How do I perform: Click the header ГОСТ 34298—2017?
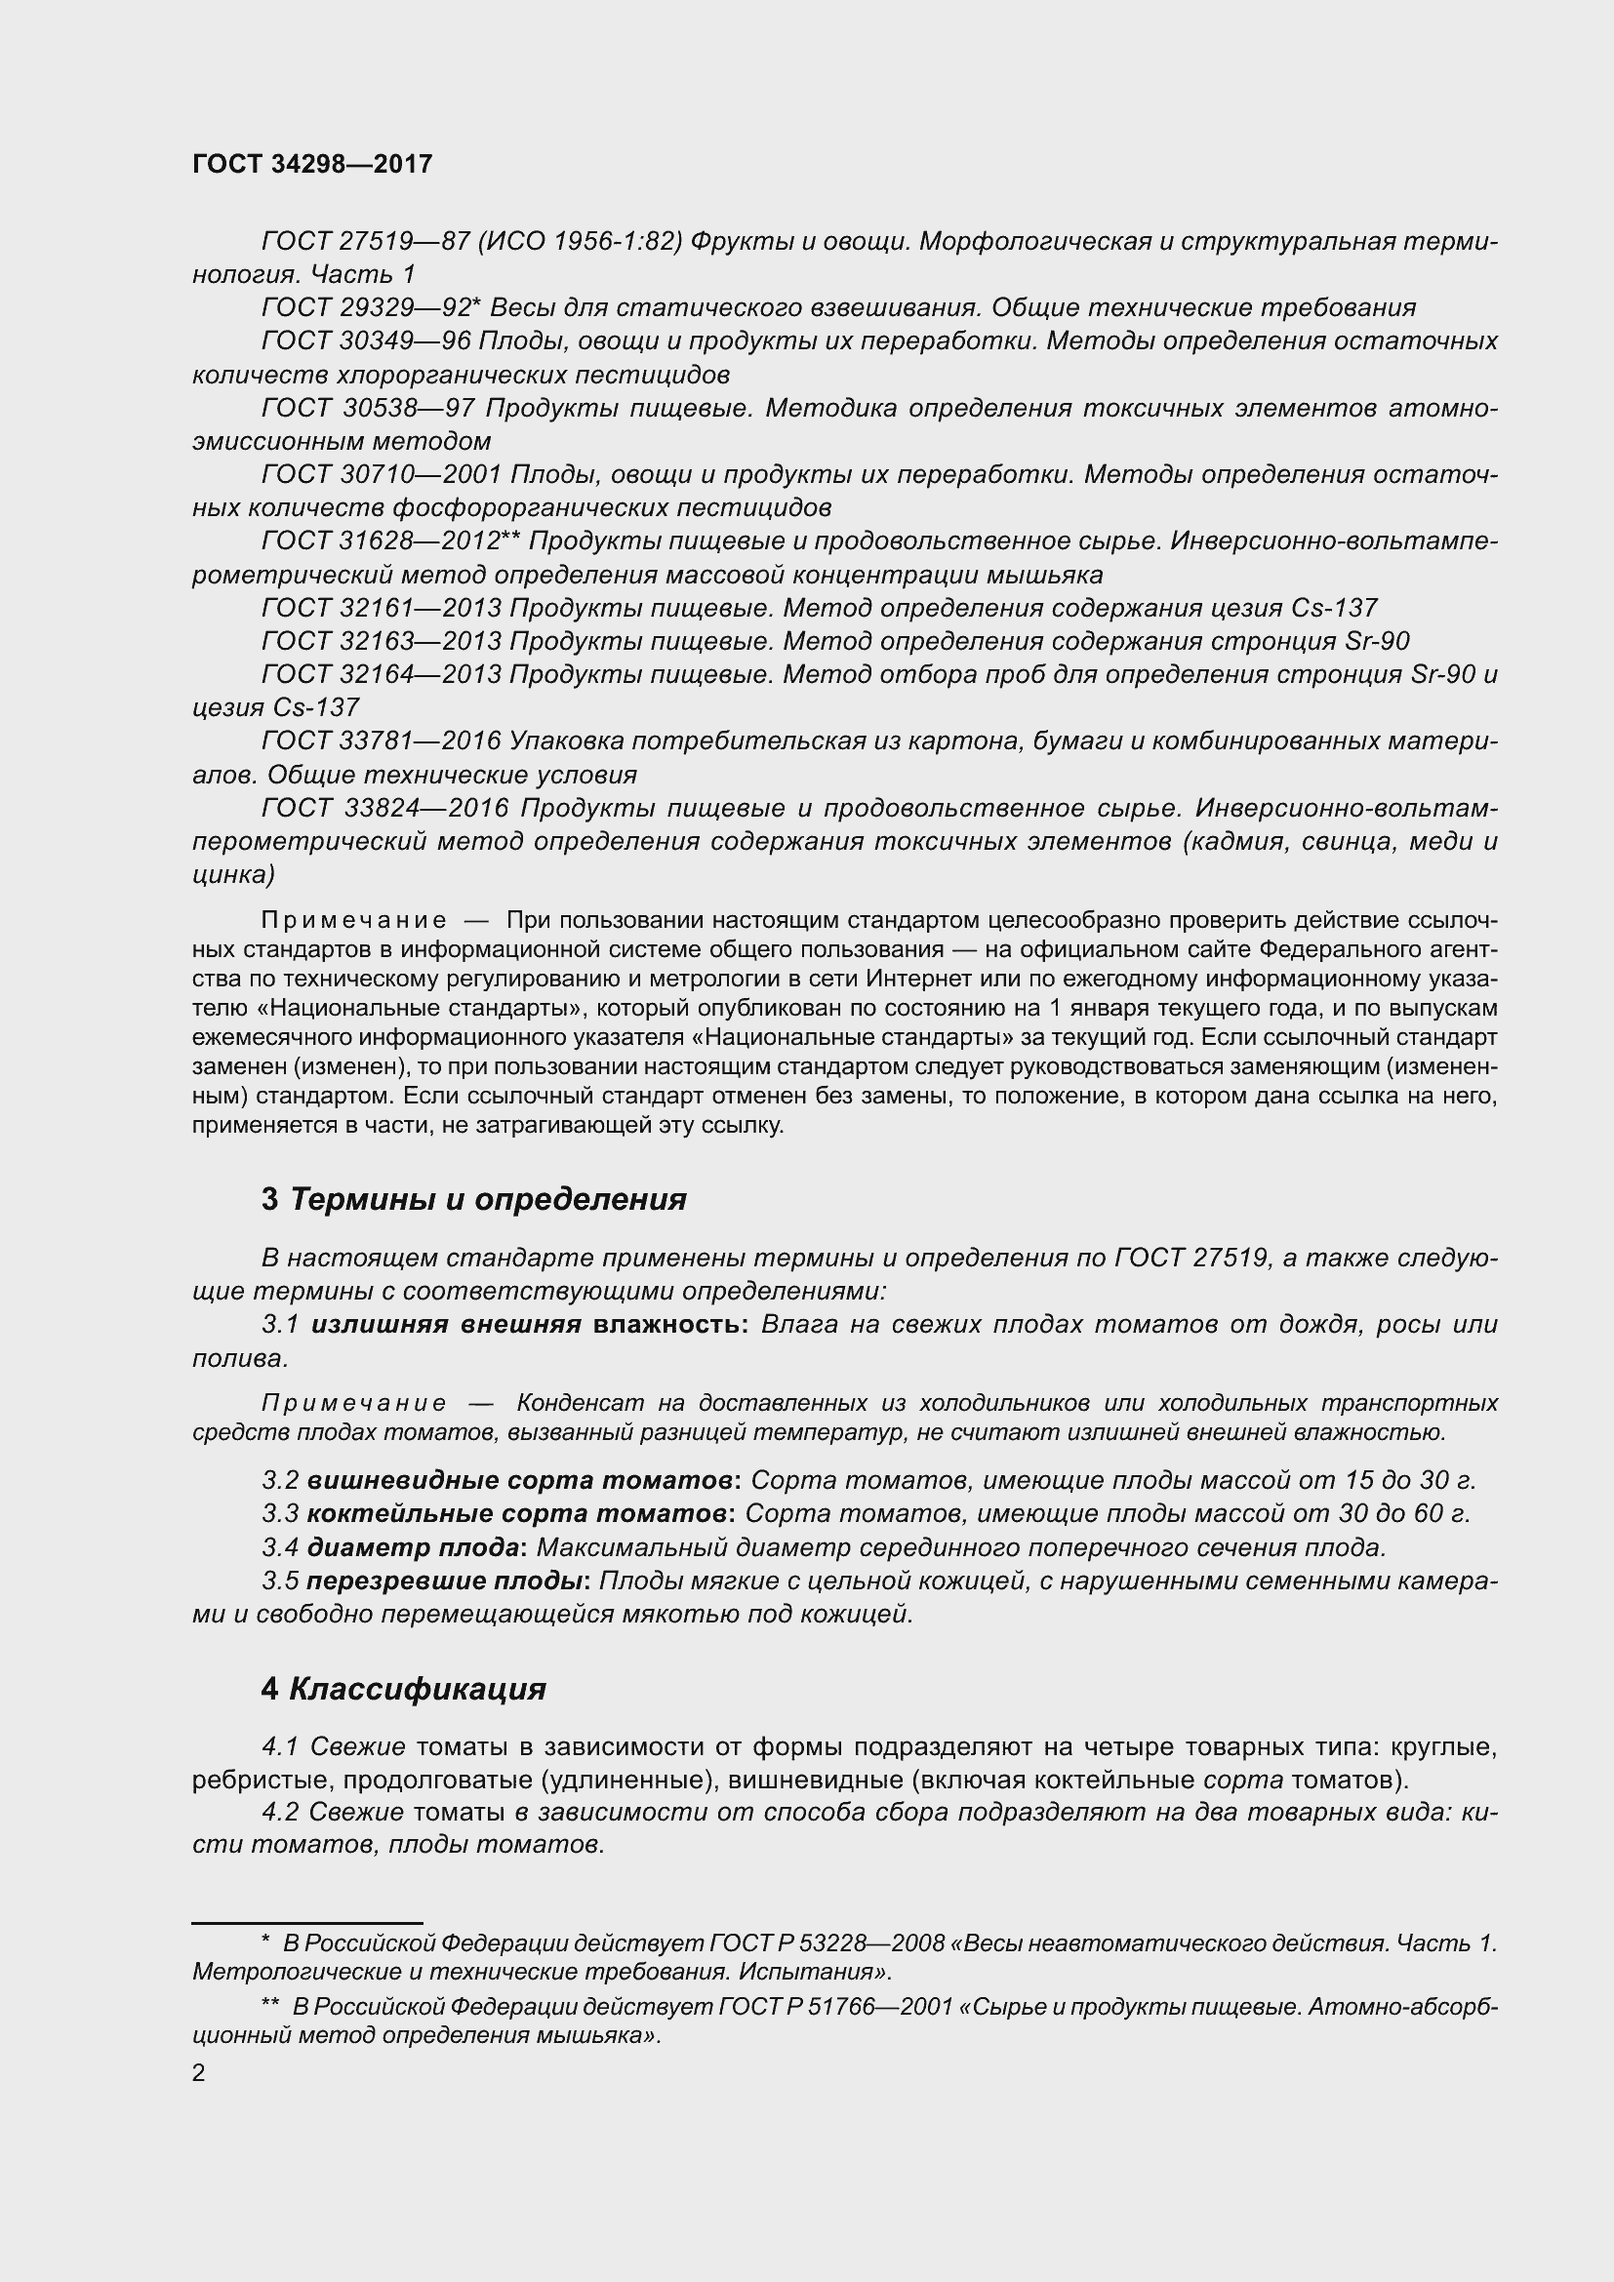tap(312, 165)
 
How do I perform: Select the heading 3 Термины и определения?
tap(474, 1200)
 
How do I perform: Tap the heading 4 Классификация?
tap(404, 1689)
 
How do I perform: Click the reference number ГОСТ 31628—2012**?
tap(393, 540)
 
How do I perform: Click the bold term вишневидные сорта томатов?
tap(520, 1480)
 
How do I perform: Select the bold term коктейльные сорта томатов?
tap(516, 1514)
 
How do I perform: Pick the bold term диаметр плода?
tap(413, 1547)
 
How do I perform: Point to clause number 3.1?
tap(280, 1325)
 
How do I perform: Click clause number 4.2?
tap(280, 1812)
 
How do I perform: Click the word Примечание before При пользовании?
tap(353, 920)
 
